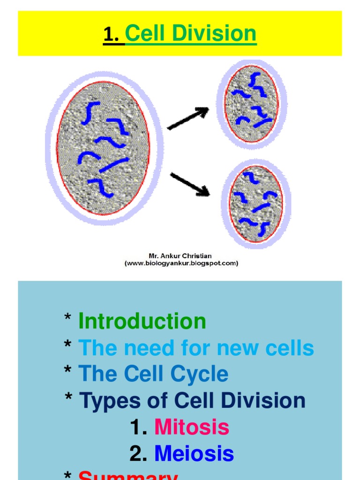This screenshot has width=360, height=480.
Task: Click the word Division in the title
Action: pyautogui.click(x=219, y=34)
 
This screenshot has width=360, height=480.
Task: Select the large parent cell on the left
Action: pyautogui.click(x=104, y=148)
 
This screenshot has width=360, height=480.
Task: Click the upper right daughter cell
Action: pyautogui.click(x=252, y=104)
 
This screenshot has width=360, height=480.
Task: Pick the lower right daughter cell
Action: pyautogui.click(x=256, y=203)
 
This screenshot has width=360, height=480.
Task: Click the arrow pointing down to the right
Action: pyautogui.click(x=189, y=184)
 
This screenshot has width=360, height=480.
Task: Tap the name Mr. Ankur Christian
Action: pyautogui.click(x=180, y=256)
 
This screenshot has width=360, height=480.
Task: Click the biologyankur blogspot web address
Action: pyautogui.click(x=181, y=263)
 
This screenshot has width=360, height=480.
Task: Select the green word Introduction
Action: pyautogui.click(x=142, y=322)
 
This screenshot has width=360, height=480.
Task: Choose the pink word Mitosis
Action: pyautogui.click(x=192, y=427)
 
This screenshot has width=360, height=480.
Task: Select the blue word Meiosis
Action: pyautogui.click(x=194, y=454)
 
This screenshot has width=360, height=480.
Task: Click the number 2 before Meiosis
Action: pyautogui.click(x=136, y=454)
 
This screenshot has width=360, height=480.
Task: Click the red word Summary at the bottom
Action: pyautogui.click(x=127, y=475)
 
